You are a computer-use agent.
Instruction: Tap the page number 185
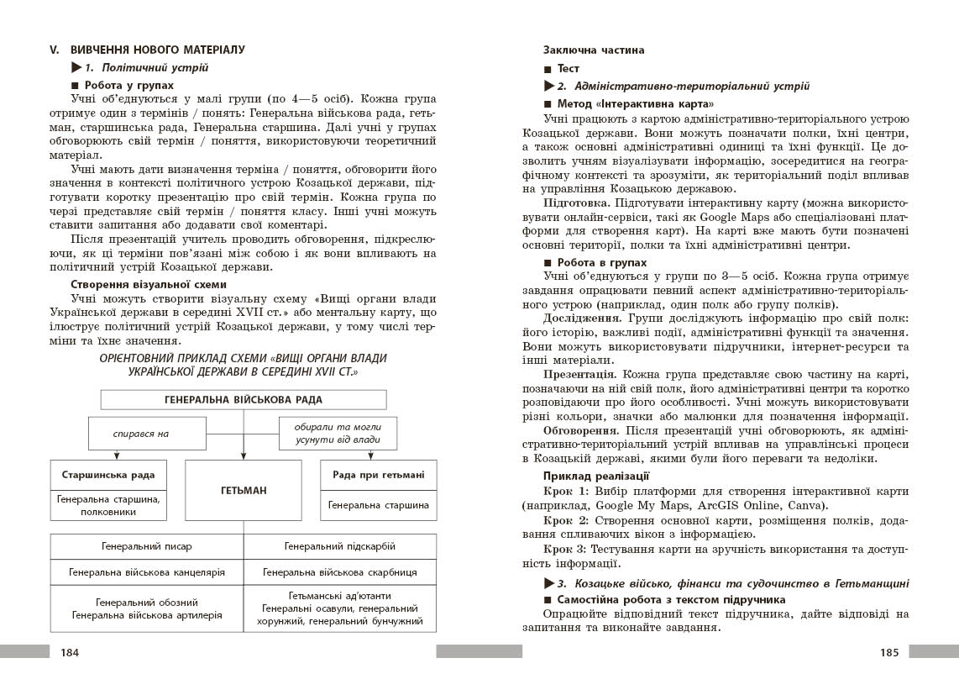[x=889, y=652]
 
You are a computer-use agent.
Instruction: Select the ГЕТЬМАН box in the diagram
[x=244, y=490]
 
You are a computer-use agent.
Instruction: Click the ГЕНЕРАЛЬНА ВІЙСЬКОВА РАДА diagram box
[x=244, y=400]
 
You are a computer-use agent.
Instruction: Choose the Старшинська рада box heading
[x=108, y=475]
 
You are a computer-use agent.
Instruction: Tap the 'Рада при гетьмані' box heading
[x=378, y=475]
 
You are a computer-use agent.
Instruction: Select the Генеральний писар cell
[x=147, y=546]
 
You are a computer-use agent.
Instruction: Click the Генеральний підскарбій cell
[x=340, y=546]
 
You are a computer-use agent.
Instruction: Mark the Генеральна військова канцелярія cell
[x=147, y=572]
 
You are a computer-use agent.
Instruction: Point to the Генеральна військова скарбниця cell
[x=340, y=572]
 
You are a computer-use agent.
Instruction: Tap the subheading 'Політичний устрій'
[x=145, y=68]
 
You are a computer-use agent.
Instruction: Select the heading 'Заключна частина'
[x=594, y=50]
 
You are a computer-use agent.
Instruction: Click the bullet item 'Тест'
[x=569, y=68]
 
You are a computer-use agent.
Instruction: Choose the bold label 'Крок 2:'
[x=568, y=521]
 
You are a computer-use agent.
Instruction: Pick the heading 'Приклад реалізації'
[x=596, y=476]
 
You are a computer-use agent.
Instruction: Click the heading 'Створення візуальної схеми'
[x=143, y=284]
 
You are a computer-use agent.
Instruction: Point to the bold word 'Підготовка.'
[x=576, y=203]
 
